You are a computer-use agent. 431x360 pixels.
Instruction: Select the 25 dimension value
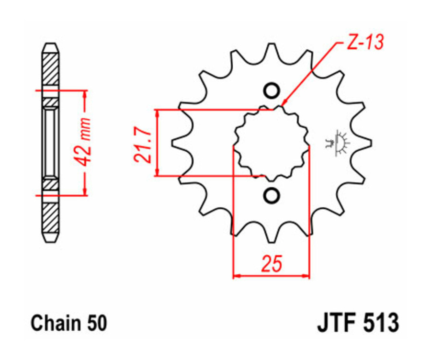[271, 264]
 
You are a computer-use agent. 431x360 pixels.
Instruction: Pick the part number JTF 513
[357, 323]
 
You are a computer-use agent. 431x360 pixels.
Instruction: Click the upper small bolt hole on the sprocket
[271, 90]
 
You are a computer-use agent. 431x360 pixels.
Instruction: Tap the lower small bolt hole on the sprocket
[271, 195]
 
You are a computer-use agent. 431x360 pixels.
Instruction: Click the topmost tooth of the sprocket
[271, 49]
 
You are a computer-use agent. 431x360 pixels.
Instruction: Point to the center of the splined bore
[271, 143]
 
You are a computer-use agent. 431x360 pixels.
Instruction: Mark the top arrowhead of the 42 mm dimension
[85, 93]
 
